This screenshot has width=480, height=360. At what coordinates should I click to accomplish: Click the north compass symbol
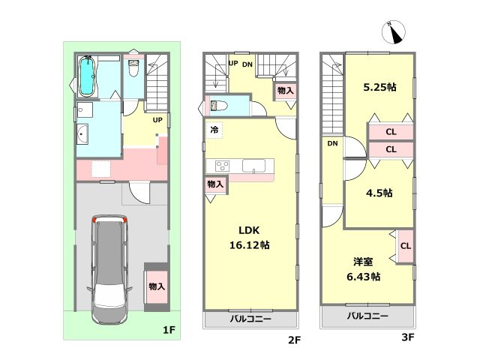point(393,31)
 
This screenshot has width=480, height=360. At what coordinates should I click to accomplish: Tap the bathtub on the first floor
point(87,76)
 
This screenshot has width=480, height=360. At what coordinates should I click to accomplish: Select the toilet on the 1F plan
point(133,68)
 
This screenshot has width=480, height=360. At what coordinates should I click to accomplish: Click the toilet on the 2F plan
point(218,106)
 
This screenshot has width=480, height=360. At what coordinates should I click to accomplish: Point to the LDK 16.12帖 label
point(250,238)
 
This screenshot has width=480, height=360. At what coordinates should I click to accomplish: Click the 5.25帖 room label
point(379,87)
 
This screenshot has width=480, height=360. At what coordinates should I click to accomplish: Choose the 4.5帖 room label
point(379,193)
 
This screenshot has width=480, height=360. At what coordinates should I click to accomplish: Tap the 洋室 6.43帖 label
point(363,269)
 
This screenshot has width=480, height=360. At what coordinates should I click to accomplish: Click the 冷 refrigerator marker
point(214,130)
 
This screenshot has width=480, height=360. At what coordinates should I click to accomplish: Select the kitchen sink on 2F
point(253,166)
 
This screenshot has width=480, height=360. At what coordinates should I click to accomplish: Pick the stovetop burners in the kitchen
point(222,166)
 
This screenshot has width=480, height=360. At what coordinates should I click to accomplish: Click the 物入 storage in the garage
point(157,286)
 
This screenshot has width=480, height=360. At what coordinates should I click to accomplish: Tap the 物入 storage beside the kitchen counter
point(215,184)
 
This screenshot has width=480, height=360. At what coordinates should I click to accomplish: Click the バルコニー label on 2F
point(250,319)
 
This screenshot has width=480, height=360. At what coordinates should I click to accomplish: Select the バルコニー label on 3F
point(367,316)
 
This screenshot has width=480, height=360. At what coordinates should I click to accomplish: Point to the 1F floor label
point(169,330)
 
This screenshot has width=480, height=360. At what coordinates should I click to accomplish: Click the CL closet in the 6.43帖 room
point(406,246)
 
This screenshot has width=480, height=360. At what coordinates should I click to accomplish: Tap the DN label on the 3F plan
point(332,143)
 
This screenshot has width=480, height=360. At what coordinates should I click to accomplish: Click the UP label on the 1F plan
point(157,120)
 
